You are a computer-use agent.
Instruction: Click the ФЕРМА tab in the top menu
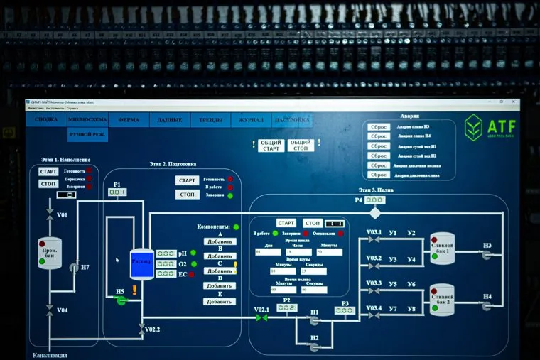point(129,121)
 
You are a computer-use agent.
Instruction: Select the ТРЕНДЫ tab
point(211,121)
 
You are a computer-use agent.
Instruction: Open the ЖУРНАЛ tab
point(252,121)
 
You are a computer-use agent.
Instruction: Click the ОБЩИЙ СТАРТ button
point(271,146)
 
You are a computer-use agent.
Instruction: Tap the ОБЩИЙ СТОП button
point(301,146)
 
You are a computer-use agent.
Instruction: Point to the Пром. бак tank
point(49,253)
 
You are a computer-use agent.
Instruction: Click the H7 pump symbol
point(74,268)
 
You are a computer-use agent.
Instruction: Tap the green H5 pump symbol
point(121,301)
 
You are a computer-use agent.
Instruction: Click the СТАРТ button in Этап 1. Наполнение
point(48,172)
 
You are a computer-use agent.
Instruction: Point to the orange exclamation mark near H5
point(134,290)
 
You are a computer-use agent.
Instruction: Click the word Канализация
point(50,354)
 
